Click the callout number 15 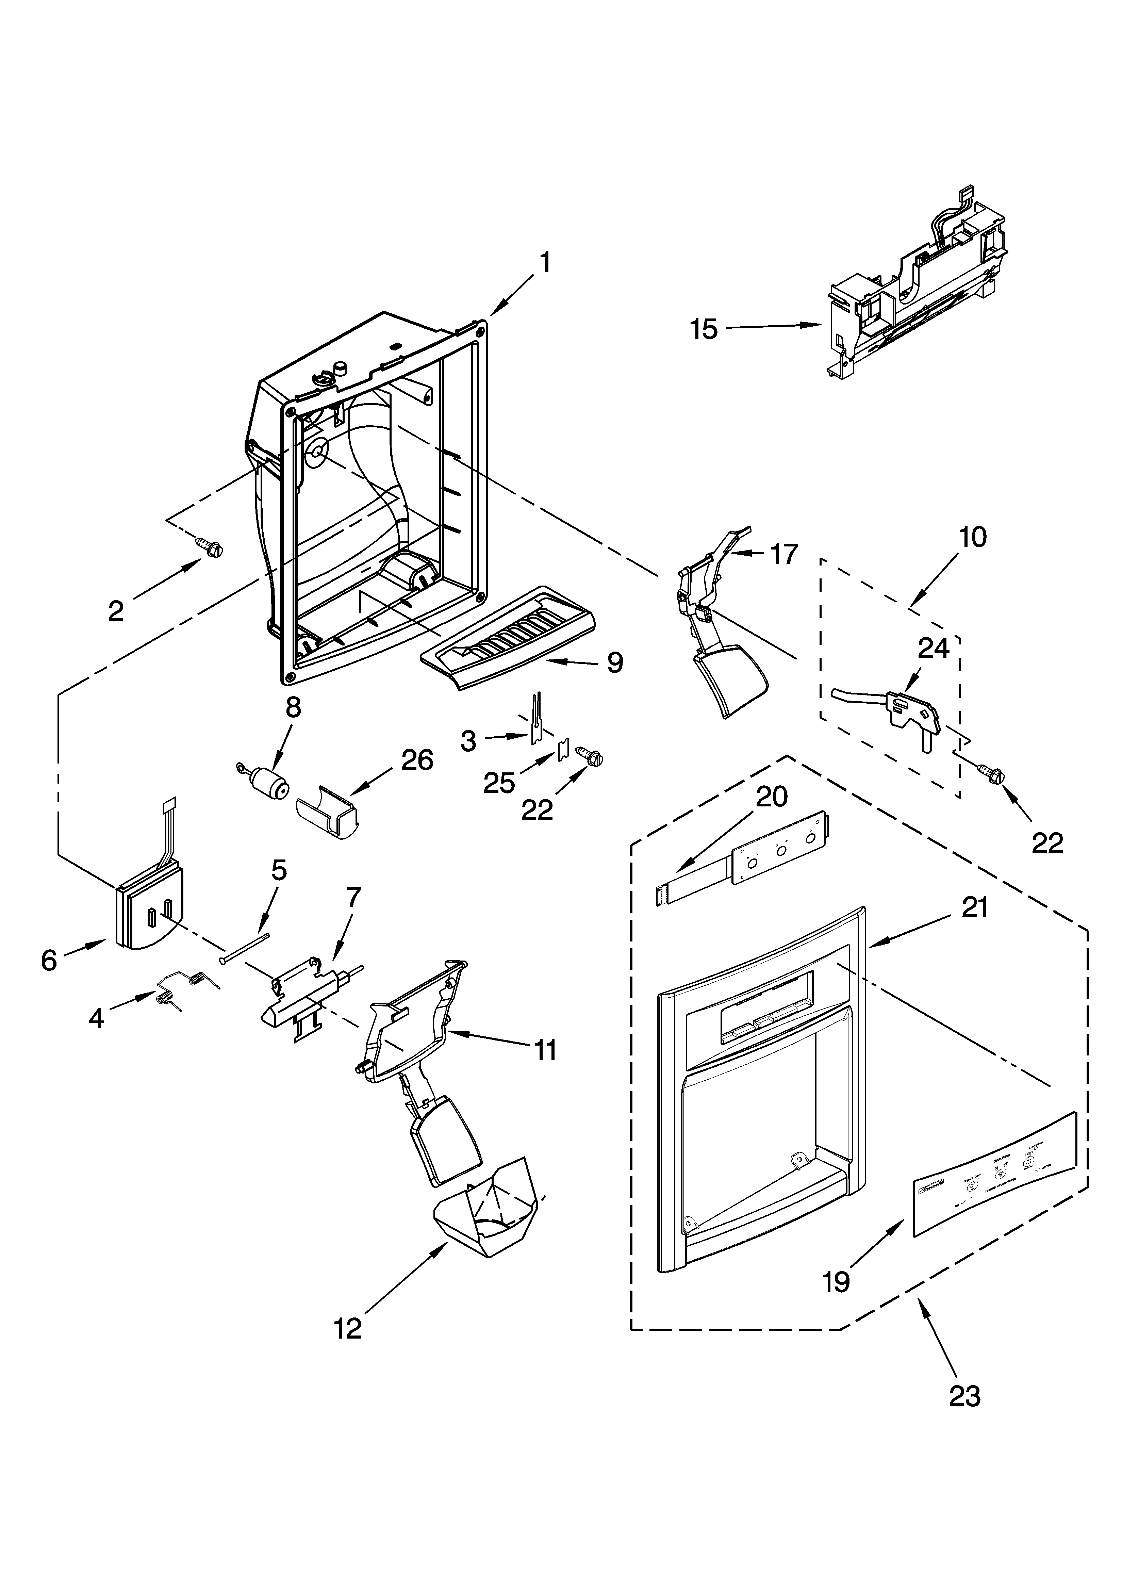pyautogui.click(x=704, y=329)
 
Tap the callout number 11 pyautogui.click(x=545, y=1051)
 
